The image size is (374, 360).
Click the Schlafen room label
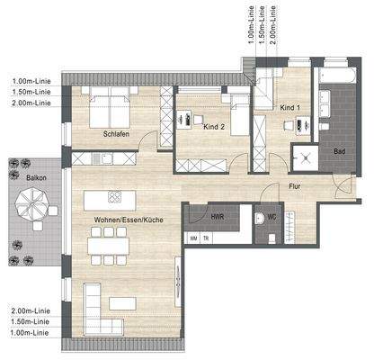[x=116, y=134]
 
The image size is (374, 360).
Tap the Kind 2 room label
[x=213, y=127]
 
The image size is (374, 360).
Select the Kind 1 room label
[x=289, y=107]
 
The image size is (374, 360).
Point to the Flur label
[x=294, y=187]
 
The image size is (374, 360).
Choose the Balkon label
[x=37, y=178]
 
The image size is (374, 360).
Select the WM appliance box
[x=193, y=238]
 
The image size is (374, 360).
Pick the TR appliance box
[x=208, y=238]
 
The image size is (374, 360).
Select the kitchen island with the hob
[x=114, y=198]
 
